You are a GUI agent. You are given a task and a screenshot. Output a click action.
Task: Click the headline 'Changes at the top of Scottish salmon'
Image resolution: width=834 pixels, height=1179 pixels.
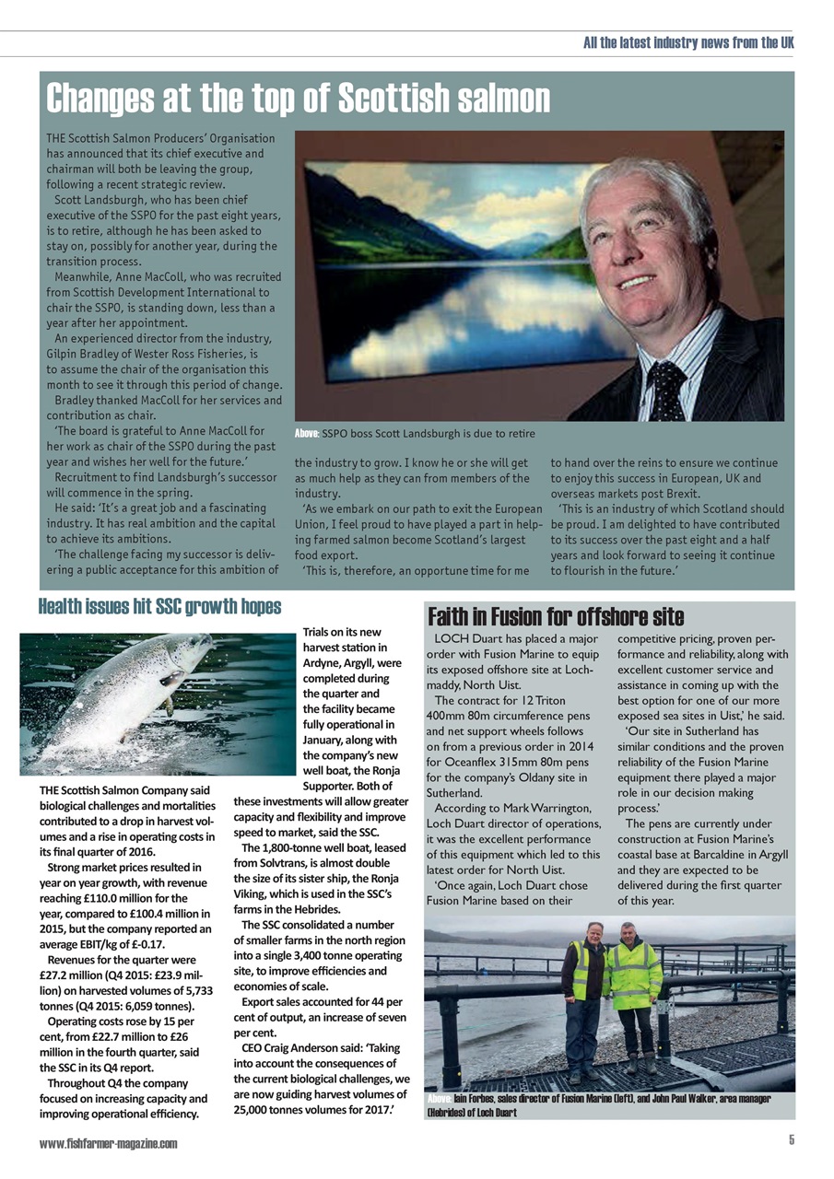coord(298,98)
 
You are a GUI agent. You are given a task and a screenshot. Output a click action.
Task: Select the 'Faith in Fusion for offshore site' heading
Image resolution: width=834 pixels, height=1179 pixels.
coord(556,615)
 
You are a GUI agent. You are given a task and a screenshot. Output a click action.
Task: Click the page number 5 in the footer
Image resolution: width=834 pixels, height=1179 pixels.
coord(791,1140)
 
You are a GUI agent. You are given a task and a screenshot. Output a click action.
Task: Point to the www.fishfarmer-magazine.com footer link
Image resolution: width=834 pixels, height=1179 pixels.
coord(108,1143)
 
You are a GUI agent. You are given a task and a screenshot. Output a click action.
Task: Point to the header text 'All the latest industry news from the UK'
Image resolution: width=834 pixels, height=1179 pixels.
coord(688,43)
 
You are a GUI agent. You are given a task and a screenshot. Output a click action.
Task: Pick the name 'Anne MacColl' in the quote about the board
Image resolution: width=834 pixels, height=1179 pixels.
coord(199,430)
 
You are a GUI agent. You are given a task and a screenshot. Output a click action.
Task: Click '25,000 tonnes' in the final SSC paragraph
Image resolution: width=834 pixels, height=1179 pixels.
coord(273,1110)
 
